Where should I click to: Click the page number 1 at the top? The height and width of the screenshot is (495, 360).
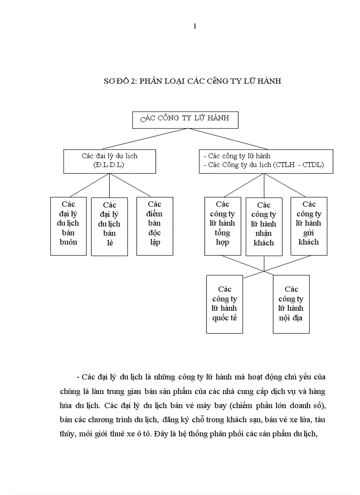click(x=195, y=26)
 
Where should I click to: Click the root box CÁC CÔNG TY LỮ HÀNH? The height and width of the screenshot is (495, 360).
click(x=185, y=119)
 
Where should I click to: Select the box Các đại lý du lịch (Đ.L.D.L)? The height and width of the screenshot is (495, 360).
click(x=109, y=161)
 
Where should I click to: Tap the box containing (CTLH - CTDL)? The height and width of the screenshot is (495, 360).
click(x=266, y=161)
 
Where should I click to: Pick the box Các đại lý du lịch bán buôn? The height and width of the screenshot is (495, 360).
click(x=68, y=226)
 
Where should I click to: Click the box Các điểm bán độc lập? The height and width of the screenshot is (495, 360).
click(x=154, y=226)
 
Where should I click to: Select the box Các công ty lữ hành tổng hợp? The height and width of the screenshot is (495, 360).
click(x=223, y=226)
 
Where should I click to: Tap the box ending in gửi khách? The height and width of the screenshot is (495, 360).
click(x=309, y=226)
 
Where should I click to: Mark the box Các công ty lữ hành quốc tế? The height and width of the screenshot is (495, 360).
click(x=225, y=304)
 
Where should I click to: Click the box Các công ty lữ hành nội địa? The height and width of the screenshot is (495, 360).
click(x=291, y=304)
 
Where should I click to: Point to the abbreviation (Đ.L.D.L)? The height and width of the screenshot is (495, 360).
click(x=109, y=165)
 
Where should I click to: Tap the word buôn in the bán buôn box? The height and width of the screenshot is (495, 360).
click(x=68, y=242)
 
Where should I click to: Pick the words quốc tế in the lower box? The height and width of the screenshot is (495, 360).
click(x=225, y=318)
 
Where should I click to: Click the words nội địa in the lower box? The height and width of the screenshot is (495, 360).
click(x=291, y=318)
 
